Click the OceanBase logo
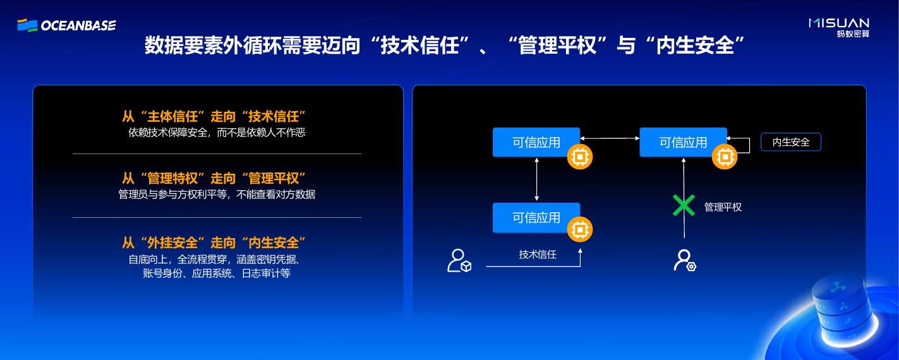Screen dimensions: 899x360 (66, 25)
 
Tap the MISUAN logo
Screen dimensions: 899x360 (839, 27)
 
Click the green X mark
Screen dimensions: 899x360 (683, 206)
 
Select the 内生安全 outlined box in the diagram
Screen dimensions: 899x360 (790, 142)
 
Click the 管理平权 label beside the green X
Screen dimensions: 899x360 (723, 207)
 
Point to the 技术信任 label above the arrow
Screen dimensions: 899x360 (538, 255)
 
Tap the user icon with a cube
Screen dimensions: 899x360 (459, 260)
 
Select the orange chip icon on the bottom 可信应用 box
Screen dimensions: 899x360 (579, 231)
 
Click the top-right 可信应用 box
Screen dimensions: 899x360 (683, 142)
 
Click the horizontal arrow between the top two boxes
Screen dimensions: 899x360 (610, 138)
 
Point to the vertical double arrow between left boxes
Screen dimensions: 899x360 (536, 179)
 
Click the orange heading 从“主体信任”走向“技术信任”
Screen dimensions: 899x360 (214, 117)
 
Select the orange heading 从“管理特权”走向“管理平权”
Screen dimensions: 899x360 (214, 179)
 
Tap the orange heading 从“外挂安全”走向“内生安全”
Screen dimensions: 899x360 (214, 243)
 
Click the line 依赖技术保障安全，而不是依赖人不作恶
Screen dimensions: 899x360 (217, 133)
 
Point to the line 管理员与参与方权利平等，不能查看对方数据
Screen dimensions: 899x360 (217, 195)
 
